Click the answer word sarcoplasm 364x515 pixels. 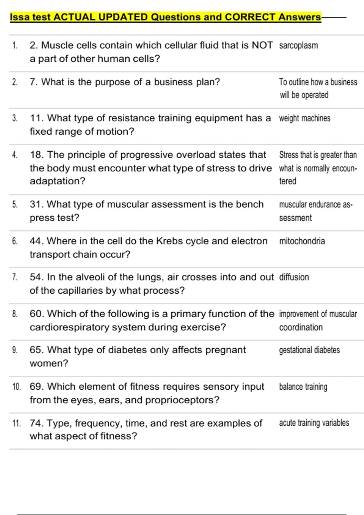pos(298,45)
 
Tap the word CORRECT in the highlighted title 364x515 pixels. pos(250,17)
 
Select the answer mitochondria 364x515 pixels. pos(302,241)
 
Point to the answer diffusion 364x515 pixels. pos(294,277)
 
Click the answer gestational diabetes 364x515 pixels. pos(309,350)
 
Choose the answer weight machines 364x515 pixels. pos(305,118)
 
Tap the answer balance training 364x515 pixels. pos(303,387)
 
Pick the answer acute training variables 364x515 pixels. pos(314,423)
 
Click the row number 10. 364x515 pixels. pos(16,387)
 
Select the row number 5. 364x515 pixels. pos(15,204)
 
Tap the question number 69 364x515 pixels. pos(37,387)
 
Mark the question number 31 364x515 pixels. pos(36,204)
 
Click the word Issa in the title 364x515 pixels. pos(20,17)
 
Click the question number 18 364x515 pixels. pos(37,155)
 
